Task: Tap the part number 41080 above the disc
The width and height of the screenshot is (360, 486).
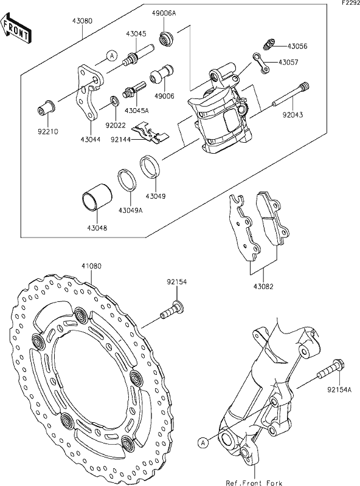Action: [x=91, y=266]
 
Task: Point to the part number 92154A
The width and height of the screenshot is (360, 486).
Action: [x=339, y=390]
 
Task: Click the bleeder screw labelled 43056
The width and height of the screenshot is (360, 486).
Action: [x=265, y=44]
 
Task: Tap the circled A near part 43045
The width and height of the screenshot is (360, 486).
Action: [x=111, y=56]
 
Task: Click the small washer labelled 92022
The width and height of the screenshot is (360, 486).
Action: [x=113, y=100]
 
